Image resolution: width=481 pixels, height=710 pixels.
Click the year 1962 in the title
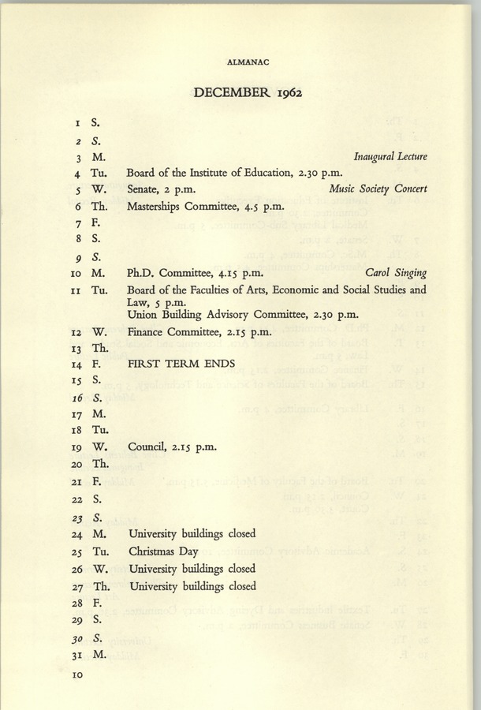tap(285, 93)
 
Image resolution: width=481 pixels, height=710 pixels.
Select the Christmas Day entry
tap(163, 551)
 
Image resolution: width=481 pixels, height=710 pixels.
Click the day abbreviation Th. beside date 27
tap(100, 586)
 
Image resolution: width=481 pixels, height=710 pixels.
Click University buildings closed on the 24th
tap(192, 534)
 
